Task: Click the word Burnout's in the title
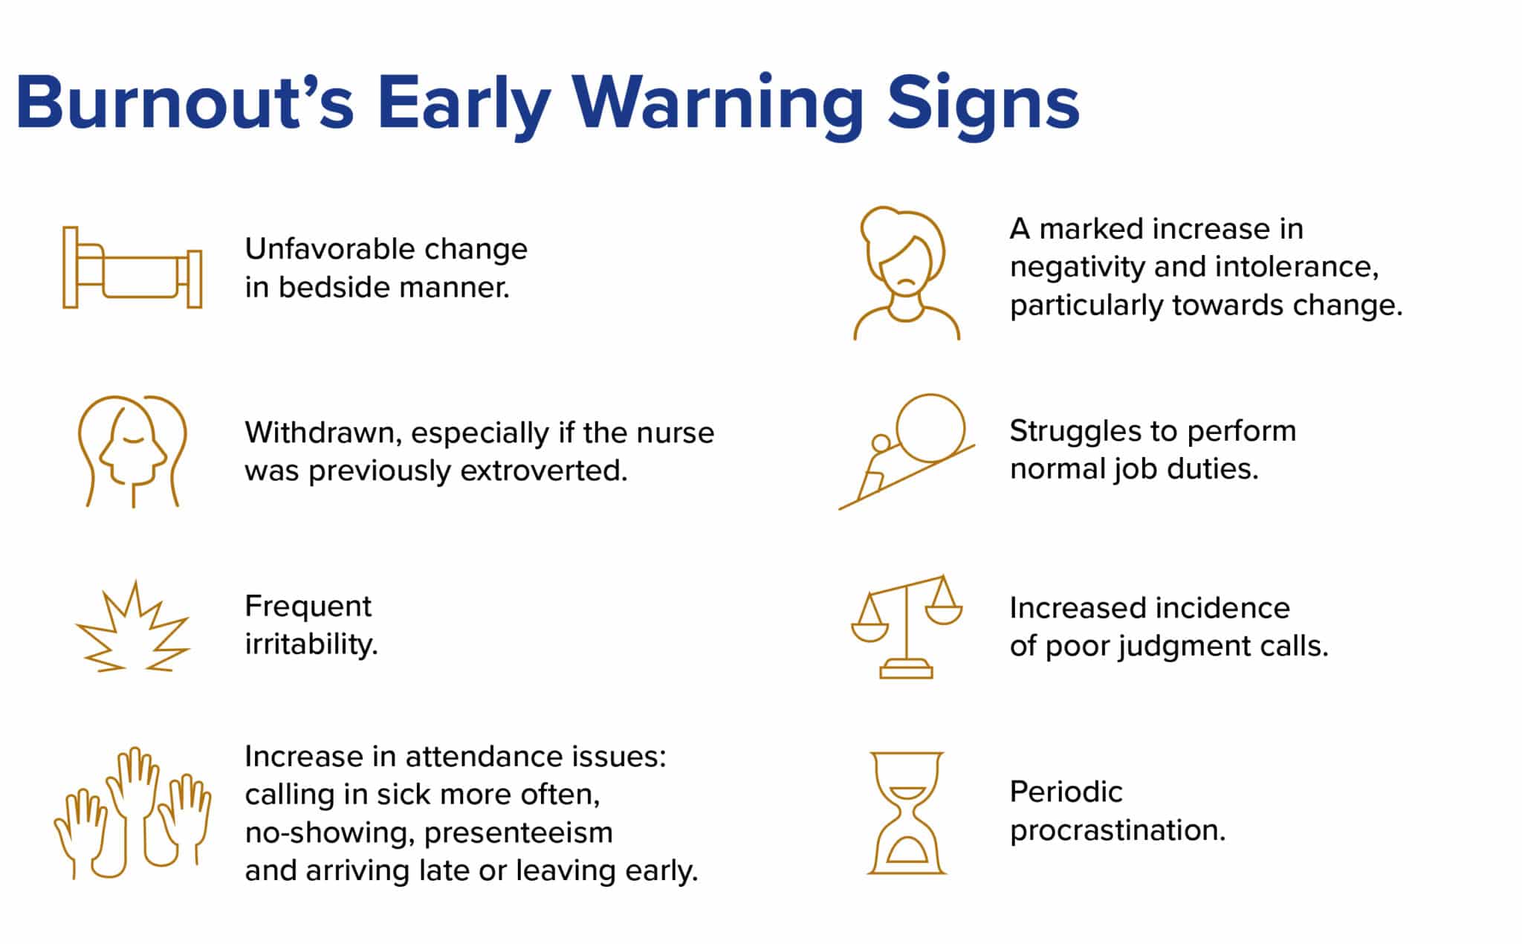(184, 102)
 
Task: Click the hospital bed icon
(132, 267)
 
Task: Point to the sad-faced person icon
(906, 273)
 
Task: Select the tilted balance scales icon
(907, 626)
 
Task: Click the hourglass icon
(907, 812)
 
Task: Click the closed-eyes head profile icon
(132, 451)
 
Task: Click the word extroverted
(544, 471)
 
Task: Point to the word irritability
(311, 644)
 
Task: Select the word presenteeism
(519, 833)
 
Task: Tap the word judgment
(1173, 646)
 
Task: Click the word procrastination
(1118, 830)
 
